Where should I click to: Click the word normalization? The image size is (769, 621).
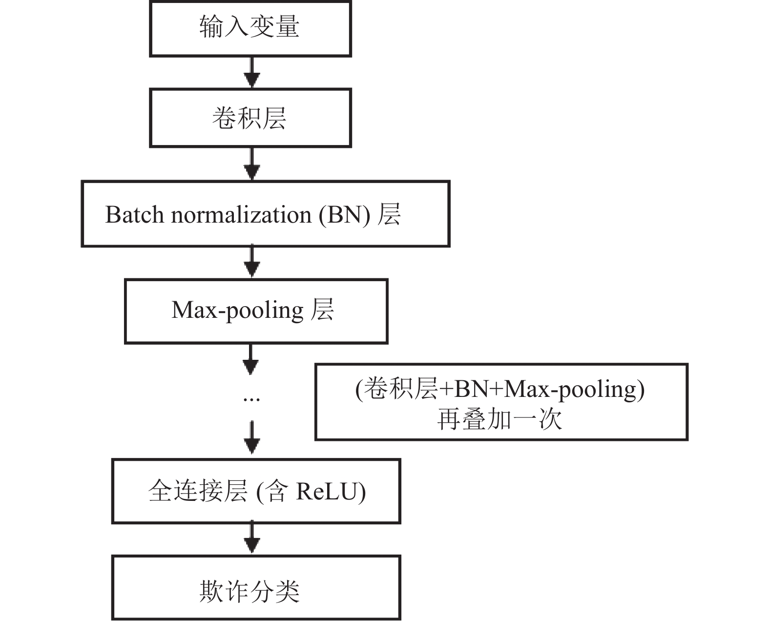(x=241, y=215)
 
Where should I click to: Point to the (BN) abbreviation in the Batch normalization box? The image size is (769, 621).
(x=344, y=215)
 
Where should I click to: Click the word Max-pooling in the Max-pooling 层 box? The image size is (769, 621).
(x=238, y=310)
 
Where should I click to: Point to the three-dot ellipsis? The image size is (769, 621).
(x=251, y=399)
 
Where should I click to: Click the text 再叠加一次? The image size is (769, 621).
(x=499, y=419)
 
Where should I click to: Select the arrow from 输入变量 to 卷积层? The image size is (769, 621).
(x=251, y=72)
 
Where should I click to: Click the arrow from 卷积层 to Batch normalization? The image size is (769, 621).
(x=251, y=164)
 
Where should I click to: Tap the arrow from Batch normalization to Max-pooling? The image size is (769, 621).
(x=251, y=261)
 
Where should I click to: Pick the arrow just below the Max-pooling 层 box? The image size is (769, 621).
(x=250, y=359)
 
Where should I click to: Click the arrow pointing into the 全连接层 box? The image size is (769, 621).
(x=251, y=437)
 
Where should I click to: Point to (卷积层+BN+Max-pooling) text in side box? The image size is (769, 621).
(x=499, y=390)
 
